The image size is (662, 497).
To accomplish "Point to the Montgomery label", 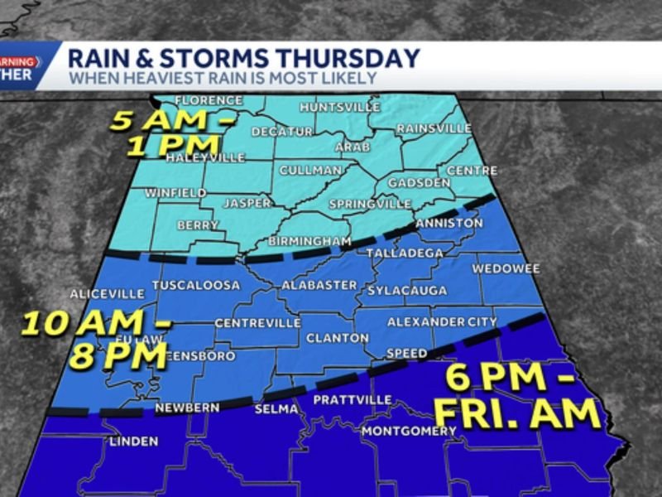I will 410,431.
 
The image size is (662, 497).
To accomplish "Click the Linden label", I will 133,442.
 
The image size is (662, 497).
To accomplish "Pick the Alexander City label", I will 442,321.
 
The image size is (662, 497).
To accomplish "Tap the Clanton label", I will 337,338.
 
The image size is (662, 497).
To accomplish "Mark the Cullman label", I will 310,170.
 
